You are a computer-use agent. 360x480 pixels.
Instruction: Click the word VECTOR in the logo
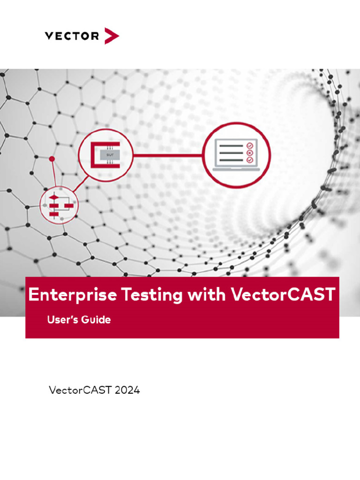(x=71, y=36)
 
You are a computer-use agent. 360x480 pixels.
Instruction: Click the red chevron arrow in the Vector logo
(x=112, y=36)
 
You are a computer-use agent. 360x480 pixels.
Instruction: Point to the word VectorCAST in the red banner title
(x=283, y=295)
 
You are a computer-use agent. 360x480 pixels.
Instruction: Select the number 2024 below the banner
(x=127, y=390)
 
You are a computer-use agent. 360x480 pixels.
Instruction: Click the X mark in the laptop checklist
(x=249, y=153)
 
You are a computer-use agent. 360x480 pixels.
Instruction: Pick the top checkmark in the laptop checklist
(x=249, y=145)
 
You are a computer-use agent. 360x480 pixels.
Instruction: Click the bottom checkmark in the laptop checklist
(x=249, y=160)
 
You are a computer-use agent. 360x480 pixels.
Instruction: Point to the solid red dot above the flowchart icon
(x=52, y=159)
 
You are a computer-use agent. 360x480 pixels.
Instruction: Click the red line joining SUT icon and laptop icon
(x=168, y=155)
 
